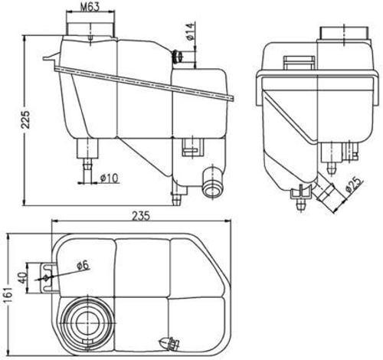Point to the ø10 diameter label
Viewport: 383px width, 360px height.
(x=110, y=178)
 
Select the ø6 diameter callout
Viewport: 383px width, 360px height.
(x=82, y=265)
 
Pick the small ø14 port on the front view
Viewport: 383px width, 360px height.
(x=178, y=56)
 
